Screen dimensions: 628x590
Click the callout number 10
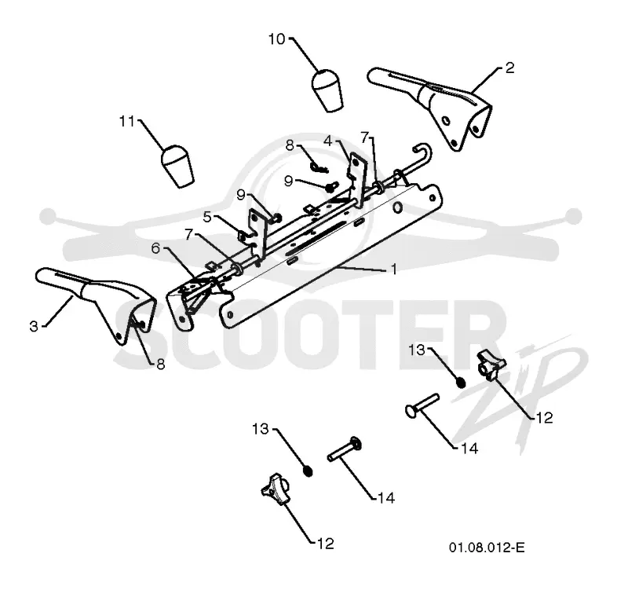[276, 39]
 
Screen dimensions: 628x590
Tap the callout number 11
[127, 121]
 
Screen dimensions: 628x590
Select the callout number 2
[509, 68]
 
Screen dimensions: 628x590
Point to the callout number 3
[34, 326]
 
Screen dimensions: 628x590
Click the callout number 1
[394, 269]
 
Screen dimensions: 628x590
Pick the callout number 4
[328, 141]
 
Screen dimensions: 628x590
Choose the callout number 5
[207, 218]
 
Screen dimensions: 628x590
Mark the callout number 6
[155, 248]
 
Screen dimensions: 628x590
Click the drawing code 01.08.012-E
[487, 547]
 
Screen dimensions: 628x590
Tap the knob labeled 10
[327, 90]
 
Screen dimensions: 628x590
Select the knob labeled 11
[177, 166]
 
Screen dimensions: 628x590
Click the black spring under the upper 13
[461, 383]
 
